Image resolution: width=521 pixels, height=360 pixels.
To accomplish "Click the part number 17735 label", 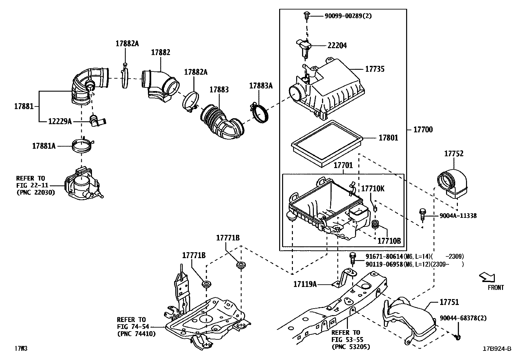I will (x=375, y=69).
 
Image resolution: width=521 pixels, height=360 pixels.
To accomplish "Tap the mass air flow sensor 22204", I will (x=304, y=46).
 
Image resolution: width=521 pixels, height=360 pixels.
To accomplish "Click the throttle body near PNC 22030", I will (x=82, y=186).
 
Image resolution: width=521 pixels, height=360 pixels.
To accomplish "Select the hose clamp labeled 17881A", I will (x=82, y=146).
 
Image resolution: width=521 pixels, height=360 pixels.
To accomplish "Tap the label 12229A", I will (x=60, y=122).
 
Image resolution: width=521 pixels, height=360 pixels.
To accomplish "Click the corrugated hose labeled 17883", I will (x=223, y=123).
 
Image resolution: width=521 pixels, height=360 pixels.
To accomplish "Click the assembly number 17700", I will (x=423, y=130).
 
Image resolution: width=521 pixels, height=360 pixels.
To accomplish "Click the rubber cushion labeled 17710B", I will (x=376, y=225).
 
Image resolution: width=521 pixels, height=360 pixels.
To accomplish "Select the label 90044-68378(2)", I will (x=463, y=318).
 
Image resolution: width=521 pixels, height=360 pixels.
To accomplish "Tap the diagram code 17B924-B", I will (x=496, y=349).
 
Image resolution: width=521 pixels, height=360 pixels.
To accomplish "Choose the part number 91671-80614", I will (x=384, y=256).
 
